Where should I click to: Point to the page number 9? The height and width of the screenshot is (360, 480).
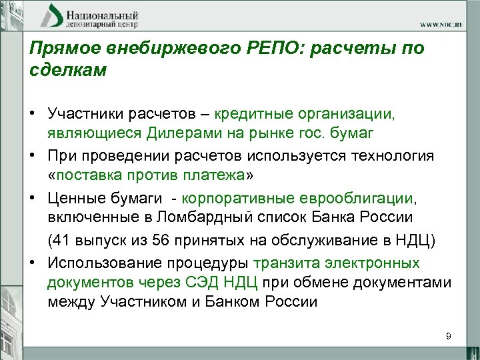click(449, 337)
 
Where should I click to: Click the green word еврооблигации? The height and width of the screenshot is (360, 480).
click(362, 199)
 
